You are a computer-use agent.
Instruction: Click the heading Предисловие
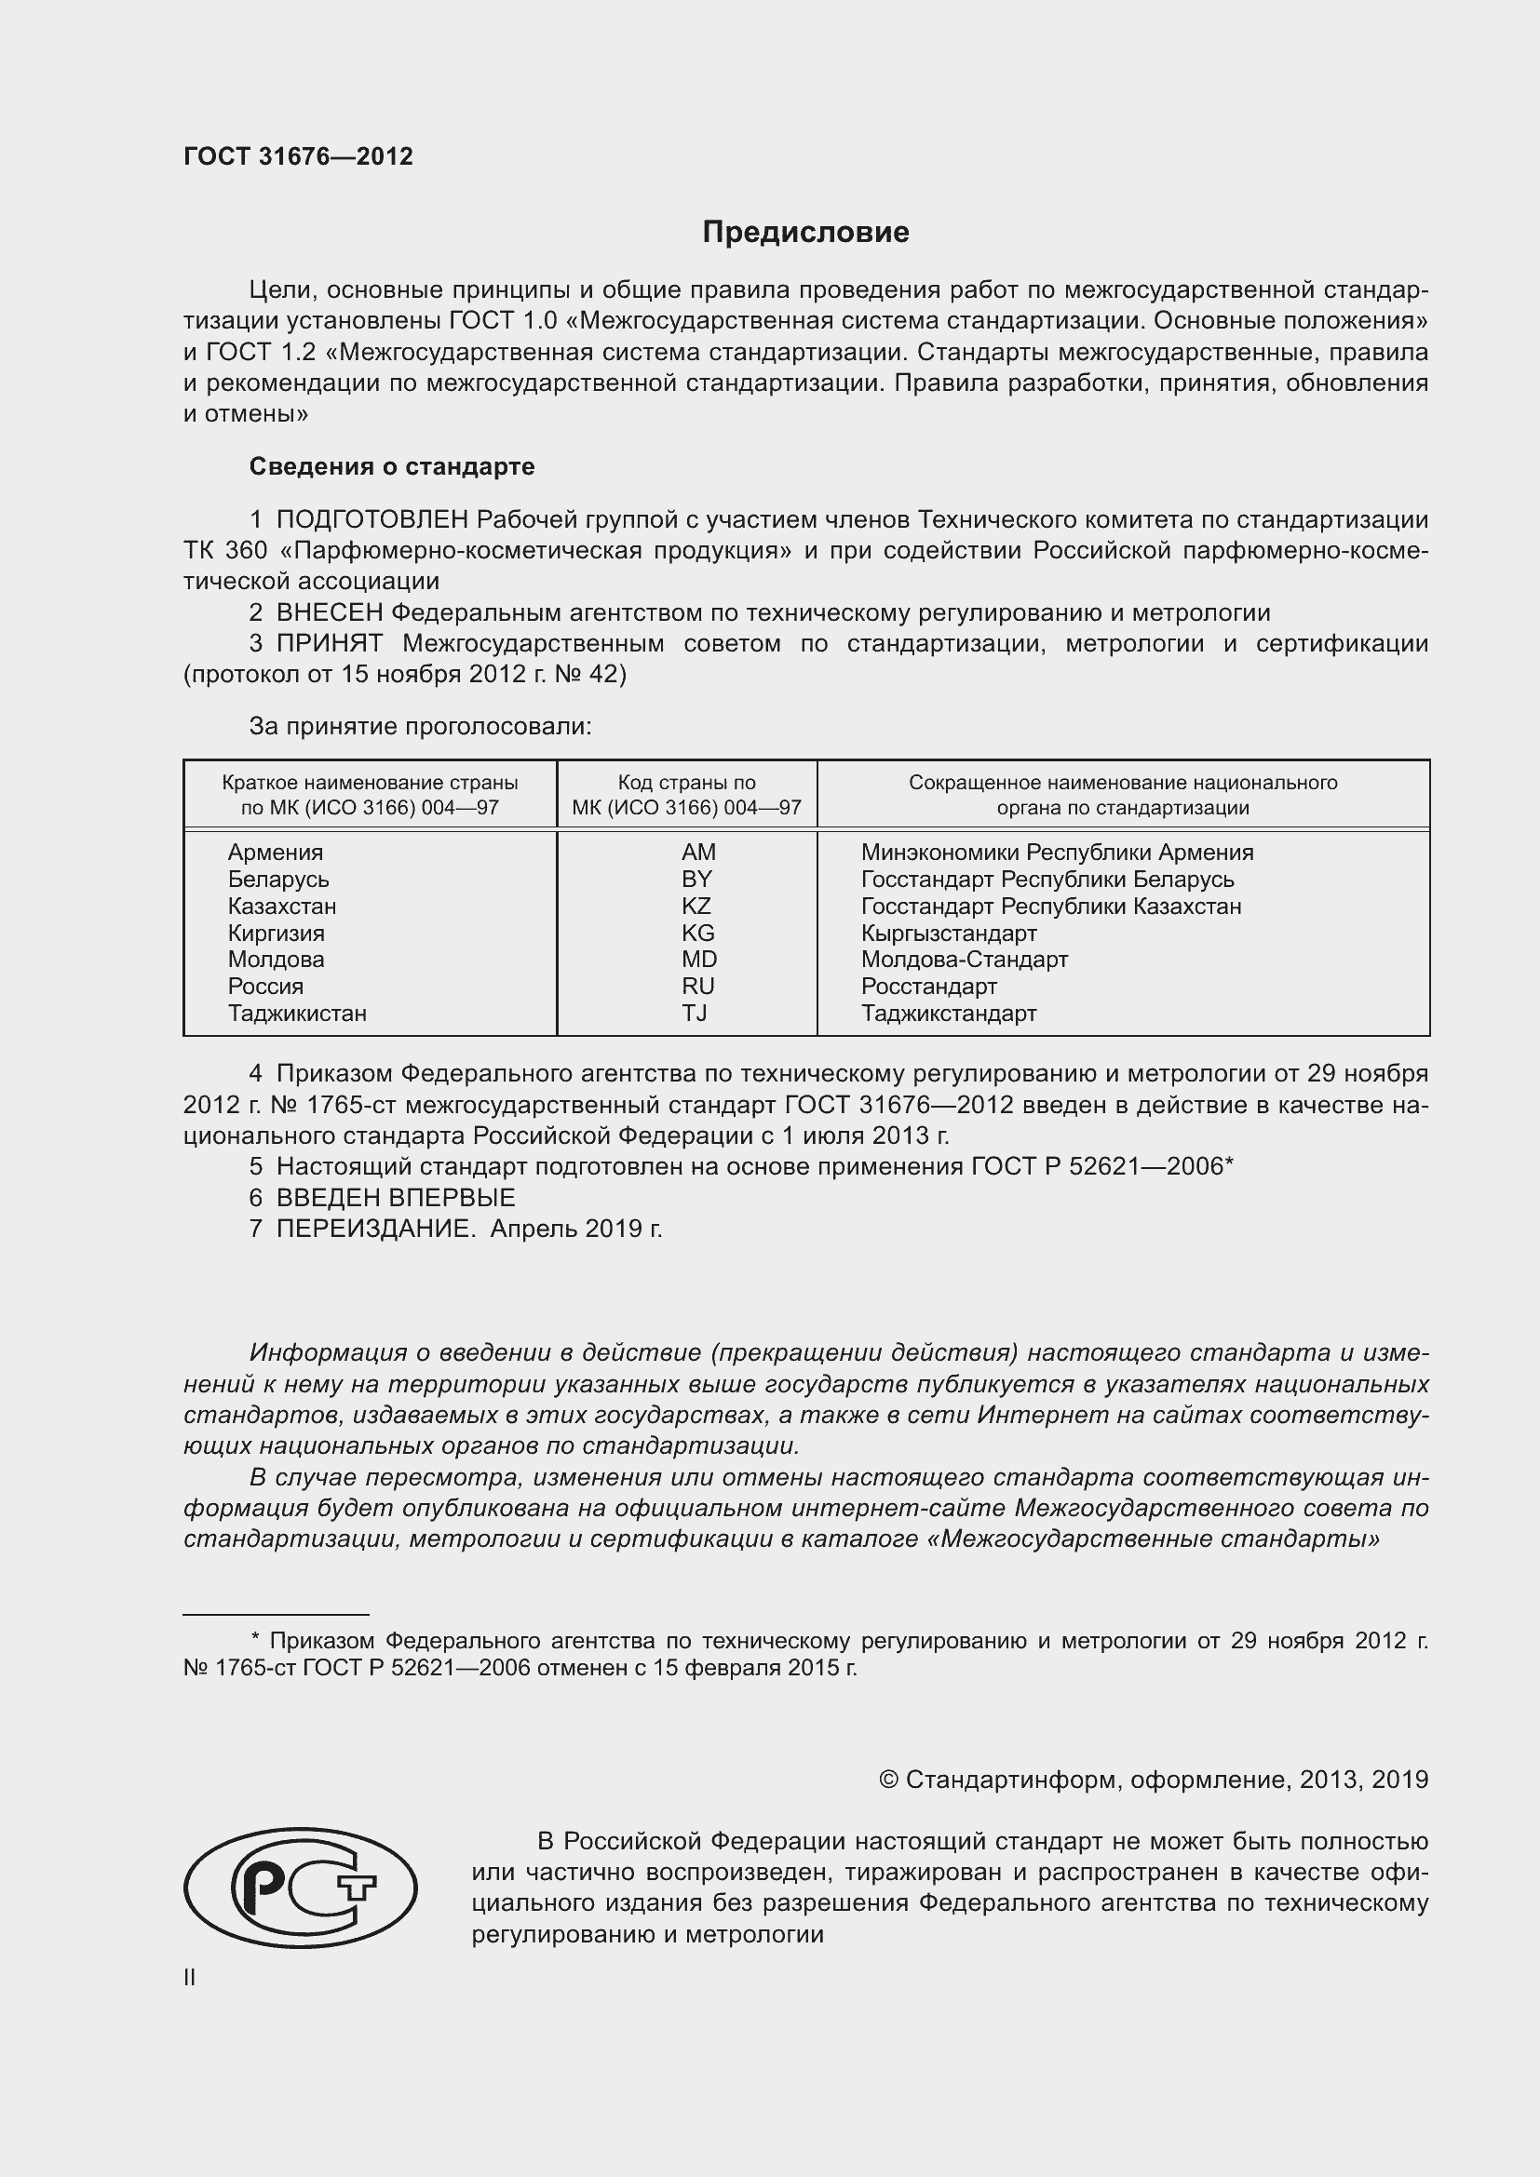click(805, 233)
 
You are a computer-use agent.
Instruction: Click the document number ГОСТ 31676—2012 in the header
click(298, 156)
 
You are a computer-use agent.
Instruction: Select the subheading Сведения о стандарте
click(392, 466)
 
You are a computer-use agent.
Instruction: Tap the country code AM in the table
click(698, 853)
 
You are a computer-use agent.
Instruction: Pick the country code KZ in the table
click(696, 906)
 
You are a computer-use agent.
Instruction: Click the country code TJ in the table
click(695, 1013)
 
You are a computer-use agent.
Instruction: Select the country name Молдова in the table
click(276, 959)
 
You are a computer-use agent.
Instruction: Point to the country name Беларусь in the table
click(277, 879)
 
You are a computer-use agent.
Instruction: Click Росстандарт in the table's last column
click(928, 986)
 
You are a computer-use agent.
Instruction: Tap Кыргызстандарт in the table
click(948, 933)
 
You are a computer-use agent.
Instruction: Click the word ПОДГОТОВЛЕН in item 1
click(371, 519)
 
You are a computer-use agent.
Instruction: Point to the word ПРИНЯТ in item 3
click(329, 643)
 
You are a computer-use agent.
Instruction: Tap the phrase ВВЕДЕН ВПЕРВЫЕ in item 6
click(396, 1198)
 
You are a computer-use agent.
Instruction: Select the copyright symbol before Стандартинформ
click(888, 1780)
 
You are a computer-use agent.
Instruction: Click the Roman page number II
click(190, 1977)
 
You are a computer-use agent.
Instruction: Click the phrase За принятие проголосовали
click(420, 726)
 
